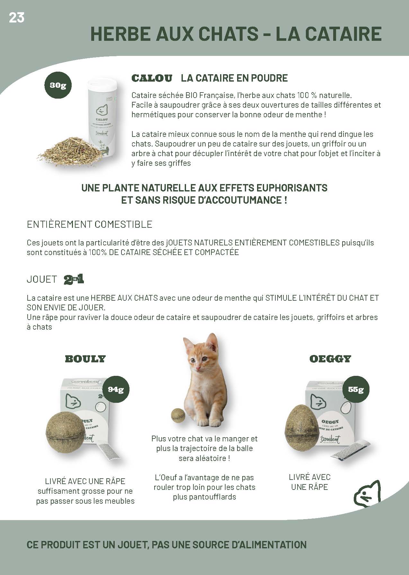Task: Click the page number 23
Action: pyautogui.click(x=16, y=18)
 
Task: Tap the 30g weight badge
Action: pyautogui.click(x=58, y=85)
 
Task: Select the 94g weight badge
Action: pyautogui.click(x=116, y=389)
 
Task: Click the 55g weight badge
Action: pyautogui.click(x=356, y=389)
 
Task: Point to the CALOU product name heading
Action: pyautogui.click(x=152, y=78)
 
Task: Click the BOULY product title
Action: pyautogui.click(x=85, y=359)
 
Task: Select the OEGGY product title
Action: pyautogui.click(x=330, y=359)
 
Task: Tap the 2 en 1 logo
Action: pyautogui.click(x=74, y=279)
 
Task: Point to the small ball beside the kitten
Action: pyautogui.click(x=178, y=414)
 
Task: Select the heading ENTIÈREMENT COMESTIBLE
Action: pyautogui.click(x=90, y=224)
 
